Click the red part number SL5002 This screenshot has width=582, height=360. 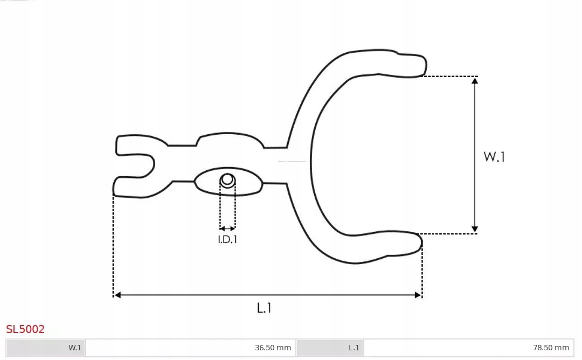(x=25, y=329)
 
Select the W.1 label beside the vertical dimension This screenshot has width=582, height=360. (x=494, y=157)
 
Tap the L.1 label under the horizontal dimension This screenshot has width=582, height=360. (x=264, y=308)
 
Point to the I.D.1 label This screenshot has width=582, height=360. (x=227, y=240)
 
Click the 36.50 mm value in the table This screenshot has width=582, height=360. (x=273, y=348)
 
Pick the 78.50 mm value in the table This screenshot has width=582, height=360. (x=551, y=348)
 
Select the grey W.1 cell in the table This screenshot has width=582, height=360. (x=46, y=348)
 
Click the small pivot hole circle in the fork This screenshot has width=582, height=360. (x=227, y=179)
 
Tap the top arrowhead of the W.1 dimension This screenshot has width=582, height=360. (x=474, y=81)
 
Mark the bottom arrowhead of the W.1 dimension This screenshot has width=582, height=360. (x=474, y=229)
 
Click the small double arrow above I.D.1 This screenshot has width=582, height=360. (x=227, y=229)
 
